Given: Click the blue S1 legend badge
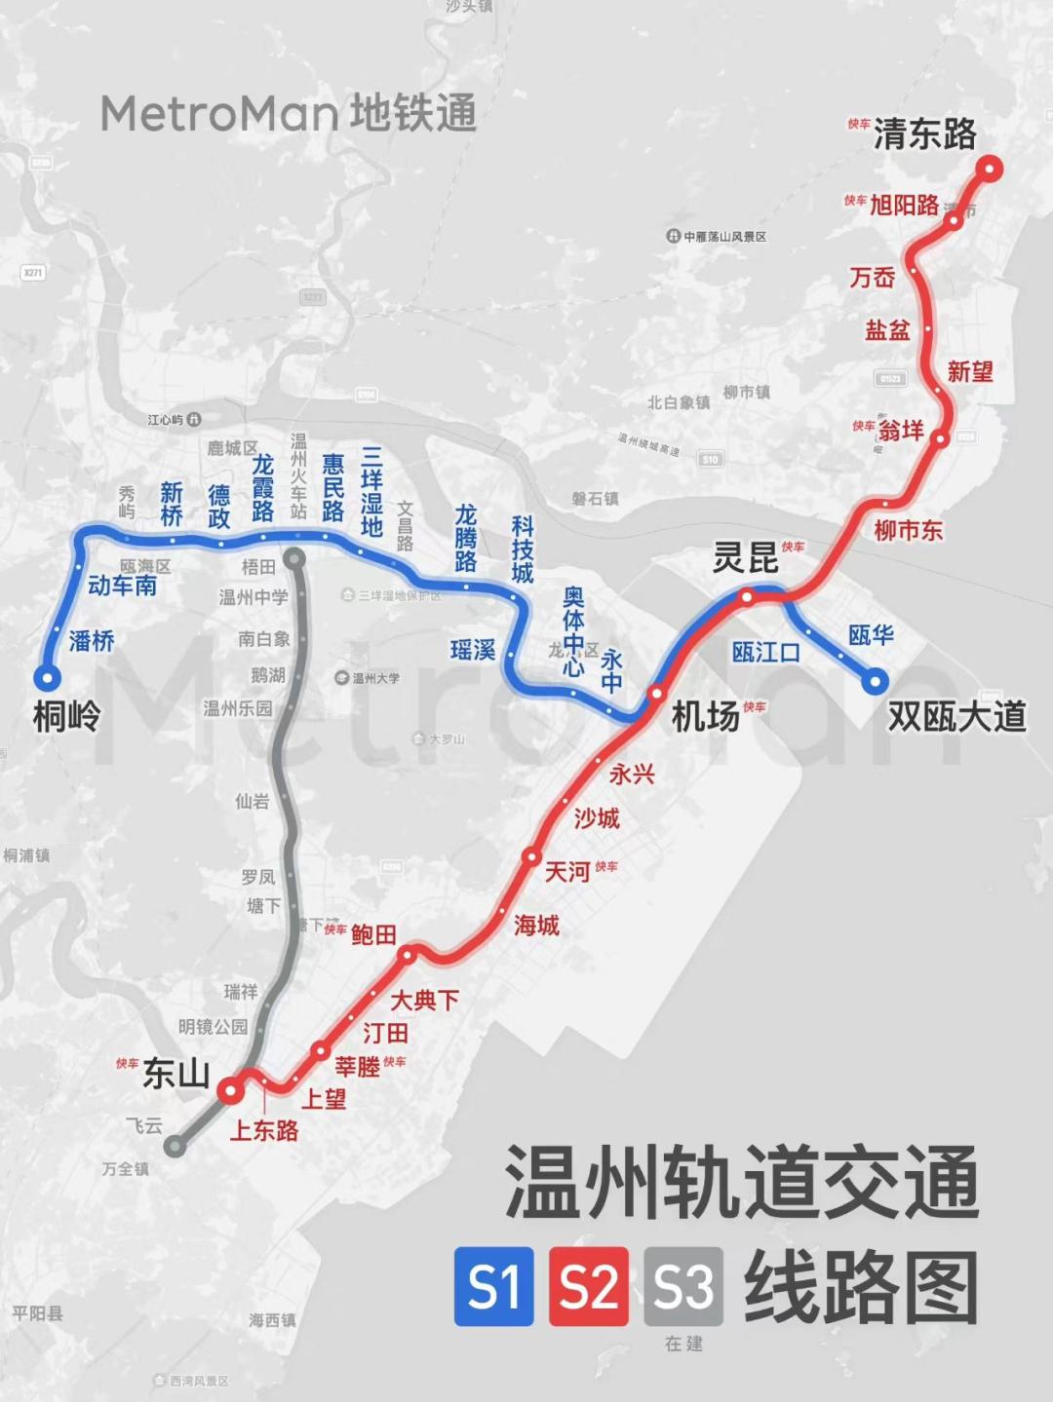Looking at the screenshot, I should tap(494, 1286).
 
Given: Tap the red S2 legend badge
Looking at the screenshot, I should tap(589, 1286).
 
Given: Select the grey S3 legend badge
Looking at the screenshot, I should tap(683, 1286).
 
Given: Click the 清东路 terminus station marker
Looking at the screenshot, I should tap(990, 170).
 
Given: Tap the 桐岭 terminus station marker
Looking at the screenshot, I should tap(46, 677).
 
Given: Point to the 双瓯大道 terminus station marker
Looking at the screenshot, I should tap(875, 681).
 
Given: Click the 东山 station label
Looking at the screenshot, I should tap(176, 1073).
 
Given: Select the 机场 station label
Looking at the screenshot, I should tap(705, 717).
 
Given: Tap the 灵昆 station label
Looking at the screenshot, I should tap(745, 559).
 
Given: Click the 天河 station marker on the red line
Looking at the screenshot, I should tap(531, 857).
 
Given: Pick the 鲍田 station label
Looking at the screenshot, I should tap(373, 935).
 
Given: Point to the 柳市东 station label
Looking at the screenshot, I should tap(908, 530).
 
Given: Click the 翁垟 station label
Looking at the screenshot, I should tap(900, 431).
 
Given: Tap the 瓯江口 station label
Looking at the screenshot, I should tap(765, 652).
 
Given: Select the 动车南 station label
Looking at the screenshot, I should tap(122, 586).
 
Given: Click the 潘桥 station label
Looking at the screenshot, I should tap(92, 640).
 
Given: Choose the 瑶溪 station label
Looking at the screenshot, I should tap(473, 650).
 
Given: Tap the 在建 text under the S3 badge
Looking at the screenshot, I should tap(683, 1344).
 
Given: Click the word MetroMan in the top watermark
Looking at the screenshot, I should tap(219, 114).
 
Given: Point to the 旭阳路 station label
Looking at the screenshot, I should tap(904, 205).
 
